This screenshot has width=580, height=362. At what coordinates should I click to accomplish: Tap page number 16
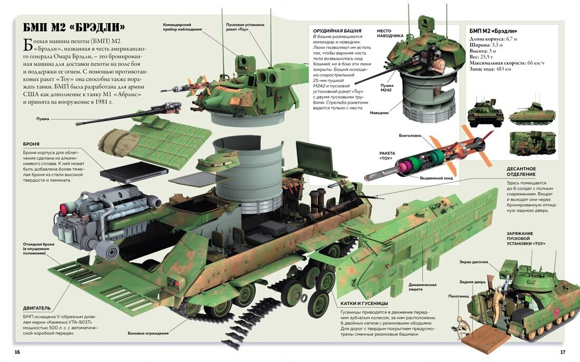(17, 351)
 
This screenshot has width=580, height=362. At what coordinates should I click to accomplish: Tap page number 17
(562, 351)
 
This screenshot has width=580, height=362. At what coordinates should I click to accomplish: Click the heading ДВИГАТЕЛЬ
(37, 308)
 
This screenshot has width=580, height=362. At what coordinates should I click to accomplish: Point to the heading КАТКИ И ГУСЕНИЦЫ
(361, 303)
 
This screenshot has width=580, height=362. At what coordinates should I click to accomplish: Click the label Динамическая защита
(422, 287)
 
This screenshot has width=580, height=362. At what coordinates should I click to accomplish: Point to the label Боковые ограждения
(148, 333)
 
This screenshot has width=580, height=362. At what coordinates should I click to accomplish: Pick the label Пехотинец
(459, 296)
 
